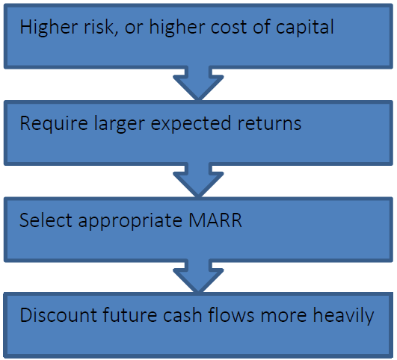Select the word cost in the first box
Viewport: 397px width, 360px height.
(229, 28)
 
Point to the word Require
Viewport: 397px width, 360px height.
(54, 123)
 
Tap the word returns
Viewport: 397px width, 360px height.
(269, 124)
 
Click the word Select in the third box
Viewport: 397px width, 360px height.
(46, 220)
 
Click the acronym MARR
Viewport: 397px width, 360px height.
(215, 220)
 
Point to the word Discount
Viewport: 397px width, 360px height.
(58, 315)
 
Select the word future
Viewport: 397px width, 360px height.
(129, 314)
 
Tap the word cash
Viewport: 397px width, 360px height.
(182, 314)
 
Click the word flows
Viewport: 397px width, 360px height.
(231, 314)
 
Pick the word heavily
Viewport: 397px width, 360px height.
(343, 316)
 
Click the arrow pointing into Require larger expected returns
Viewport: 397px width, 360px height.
(198, 84)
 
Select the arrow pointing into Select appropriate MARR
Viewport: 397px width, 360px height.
(198, 180)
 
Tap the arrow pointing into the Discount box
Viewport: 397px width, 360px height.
(198, 276)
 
